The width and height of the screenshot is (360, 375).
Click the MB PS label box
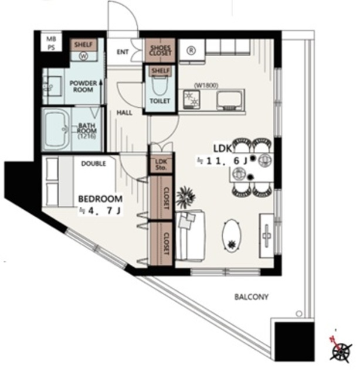click(51, 43)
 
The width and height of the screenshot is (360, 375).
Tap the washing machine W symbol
click(83, 56)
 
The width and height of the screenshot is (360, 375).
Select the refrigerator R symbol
click(191, 50)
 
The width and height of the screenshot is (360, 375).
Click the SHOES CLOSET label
click(160, 50)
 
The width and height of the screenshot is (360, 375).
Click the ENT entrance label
click(123, 52)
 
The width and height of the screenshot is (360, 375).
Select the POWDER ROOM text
click(83, 86)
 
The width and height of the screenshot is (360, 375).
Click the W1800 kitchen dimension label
click(206, 86)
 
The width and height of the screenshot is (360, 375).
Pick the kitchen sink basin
click(229, 100)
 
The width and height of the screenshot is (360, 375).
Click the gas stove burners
click(192, 98)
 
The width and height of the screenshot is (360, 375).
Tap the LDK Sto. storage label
click(161, 165)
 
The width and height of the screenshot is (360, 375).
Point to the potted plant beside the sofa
click(185, 197)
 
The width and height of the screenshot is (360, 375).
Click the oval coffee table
click(232, 236)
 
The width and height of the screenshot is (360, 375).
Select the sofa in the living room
click(191, 235)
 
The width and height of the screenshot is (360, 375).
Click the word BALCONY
click(252, 297)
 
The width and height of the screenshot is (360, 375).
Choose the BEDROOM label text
click(100, 199)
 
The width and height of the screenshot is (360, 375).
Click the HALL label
click(124, 112)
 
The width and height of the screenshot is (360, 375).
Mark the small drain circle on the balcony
click(299, 313)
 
